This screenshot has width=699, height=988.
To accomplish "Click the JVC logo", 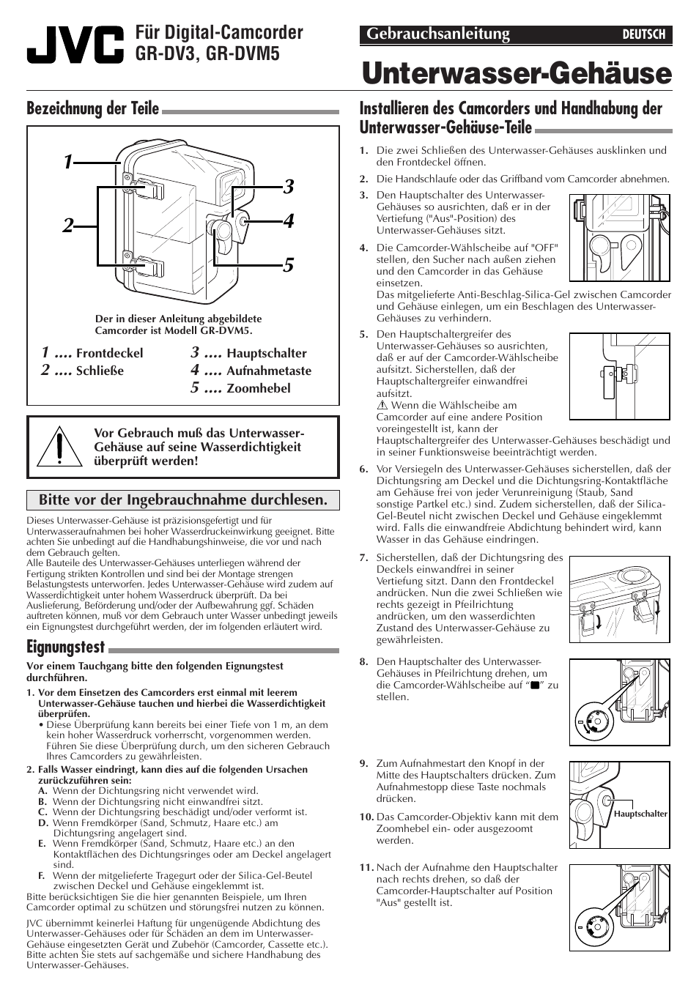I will [x=75, y=45].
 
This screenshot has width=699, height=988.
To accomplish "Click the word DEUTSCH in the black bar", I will [x=643, y=34].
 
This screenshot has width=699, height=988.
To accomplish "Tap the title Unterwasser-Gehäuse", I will [x=516, y=73].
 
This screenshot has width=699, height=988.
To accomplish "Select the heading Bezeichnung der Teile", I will [x=92, y=108].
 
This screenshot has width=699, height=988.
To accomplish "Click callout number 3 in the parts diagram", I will [x=288, y=186].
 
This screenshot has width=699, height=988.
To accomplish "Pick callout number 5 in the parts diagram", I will [x=288, y=264].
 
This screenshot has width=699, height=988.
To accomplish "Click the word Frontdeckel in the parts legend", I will [x=109, y=354].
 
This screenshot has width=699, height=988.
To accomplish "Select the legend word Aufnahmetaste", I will [x=268, y=371].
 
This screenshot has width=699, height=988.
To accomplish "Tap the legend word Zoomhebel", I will [x=258, y=389].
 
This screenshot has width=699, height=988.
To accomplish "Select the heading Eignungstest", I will [x=65, y=647].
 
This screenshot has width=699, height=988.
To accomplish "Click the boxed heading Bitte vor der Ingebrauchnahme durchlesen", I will [x=182, y=500].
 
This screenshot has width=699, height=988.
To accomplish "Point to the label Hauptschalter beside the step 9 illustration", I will [x=640, y=814].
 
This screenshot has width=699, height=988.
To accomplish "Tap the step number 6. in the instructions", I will [x=363, y=469].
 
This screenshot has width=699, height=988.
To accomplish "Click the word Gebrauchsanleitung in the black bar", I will [x=437, y=34].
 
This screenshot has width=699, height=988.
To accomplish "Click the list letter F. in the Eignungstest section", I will [x=42, y=874].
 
